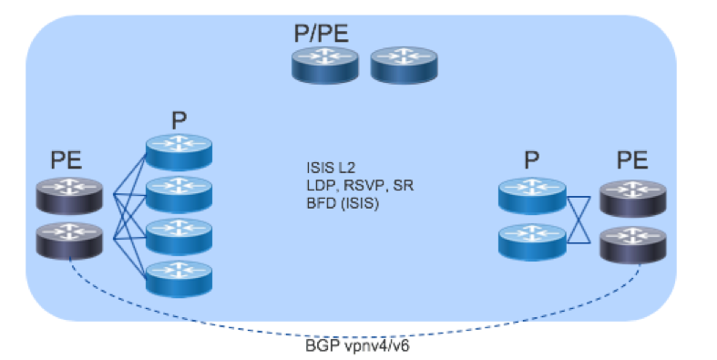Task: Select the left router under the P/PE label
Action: pyautogui.click(x=326, y=67)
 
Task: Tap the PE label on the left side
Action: pyautogui.click(x=67, y=161)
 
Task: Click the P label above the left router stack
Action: pyautogui.click(x=179, y=120)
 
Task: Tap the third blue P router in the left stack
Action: pyautogui.click(x=179, y=236)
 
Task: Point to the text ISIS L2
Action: pyautogui.click(x=331, y=168)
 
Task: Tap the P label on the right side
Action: pyautogui.click(x=531, y=161)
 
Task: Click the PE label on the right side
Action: pyautogui.click(x=632, y=161)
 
